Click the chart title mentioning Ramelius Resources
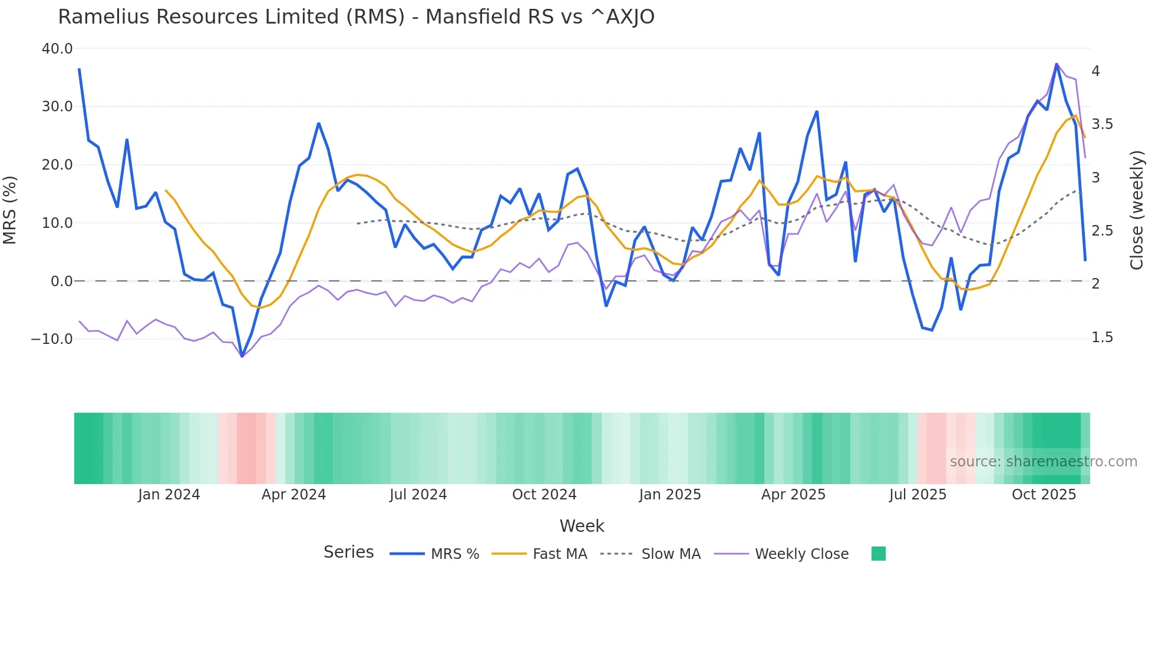click(x=356, y=17)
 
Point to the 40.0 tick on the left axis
click(x=57, y=49)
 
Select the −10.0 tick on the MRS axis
click(x=52, y=339)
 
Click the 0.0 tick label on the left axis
click(x=61, y=282)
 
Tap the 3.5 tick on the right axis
click(x=1102, y=124)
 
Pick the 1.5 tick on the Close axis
click(x=1102, y=337)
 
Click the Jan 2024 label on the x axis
click(x=169, y=495)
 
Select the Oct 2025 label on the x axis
click(x=1044, y=495)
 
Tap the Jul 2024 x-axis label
click(x=418, y=495)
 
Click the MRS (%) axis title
click(x=10, y=210)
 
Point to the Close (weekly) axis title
click(x=1137, y=210)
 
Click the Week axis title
click(x=582, y=526)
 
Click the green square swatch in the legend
click(x=878, y=554)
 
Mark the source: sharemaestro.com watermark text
click(x=1043, y=462)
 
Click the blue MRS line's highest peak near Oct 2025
click(x=1057, y=64)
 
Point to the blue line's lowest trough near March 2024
click(x=242, y=356)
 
